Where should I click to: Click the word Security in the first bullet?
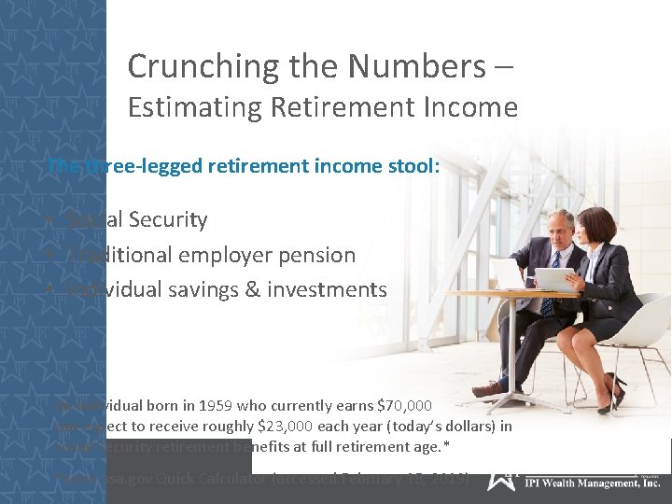coord(168,220)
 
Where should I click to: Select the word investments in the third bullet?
coord(327,290)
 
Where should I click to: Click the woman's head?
coord(596,228)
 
